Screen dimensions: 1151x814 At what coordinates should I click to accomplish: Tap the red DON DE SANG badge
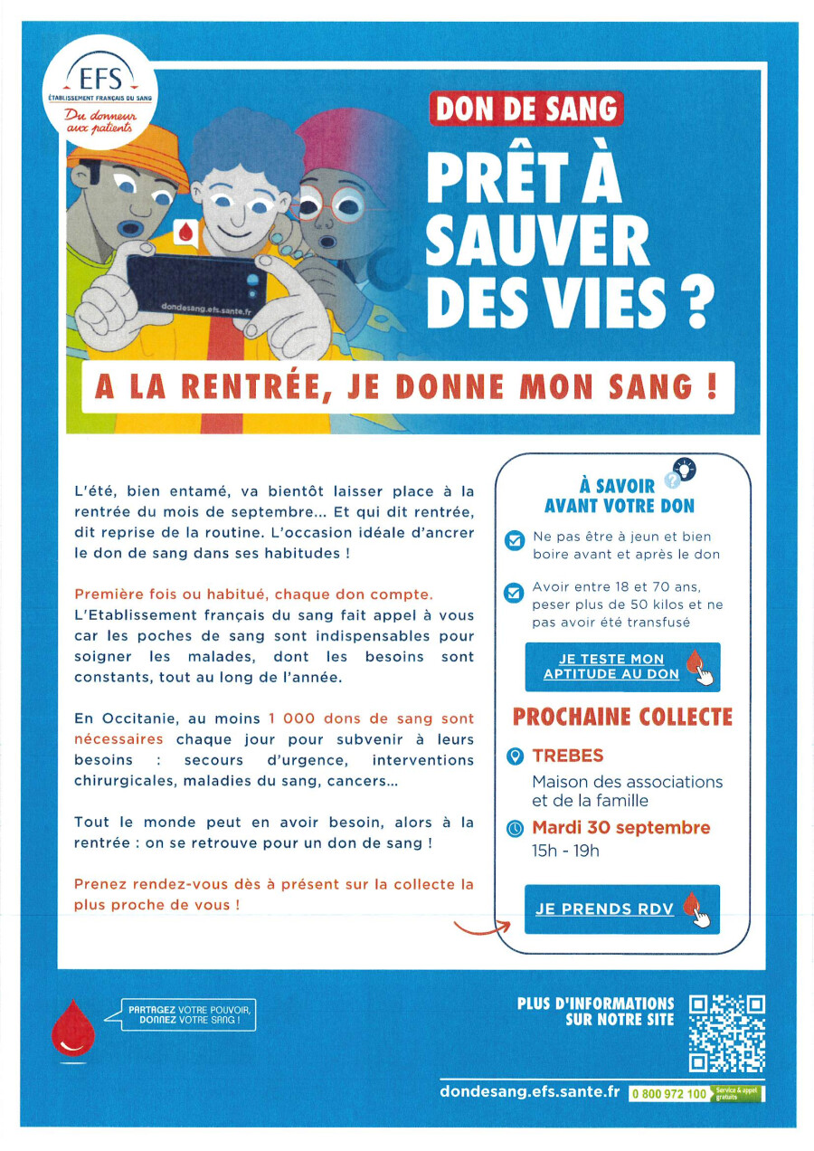click(525, 109)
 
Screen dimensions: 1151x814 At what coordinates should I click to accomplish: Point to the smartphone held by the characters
click(194, 284)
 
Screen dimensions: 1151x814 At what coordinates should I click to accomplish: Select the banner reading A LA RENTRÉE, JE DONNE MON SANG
click(407, 387)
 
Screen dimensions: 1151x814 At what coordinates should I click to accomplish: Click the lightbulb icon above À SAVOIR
click(686, 469)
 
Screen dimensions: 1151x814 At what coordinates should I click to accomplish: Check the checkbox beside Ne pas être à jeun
click(514, 541)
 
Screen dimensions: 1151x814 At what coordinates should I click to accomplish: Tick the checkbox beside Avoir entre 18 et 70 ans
click(514, 594)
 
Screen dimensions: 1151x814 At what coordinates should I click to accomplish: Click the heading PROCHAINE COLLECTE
click(622, 718)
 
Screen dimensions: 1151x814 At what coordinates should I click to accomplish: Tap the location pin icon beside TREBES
click(515, 756)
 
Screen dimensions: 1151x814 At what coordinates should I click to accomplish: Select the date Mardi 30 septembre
click(620, 827)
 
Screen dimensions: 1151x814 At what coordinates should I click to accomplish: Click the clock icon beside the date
click(515, 828)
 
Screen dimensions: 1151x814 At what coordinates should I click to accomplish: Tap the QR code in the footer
click(727, 1033)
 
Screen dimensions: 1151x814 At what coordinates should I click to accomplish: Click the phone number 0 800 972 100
click(669, 1094)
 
